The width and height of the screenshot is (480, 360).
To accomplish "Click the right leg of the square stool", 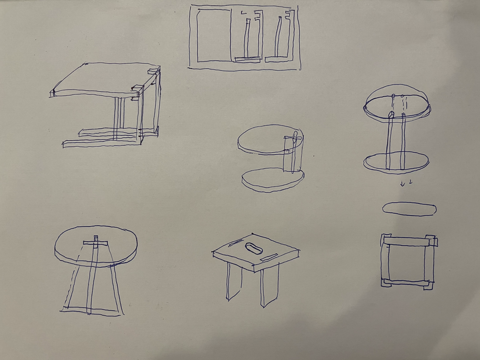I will pyautogui.click(x=269, y=288).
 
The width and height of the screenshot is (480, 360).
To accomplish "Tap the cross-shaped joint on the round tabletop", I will pyautogui.click(x=96, y=242).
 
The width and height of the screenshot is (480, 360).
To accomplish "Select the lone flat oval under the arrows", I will pyautogui.click(x=409, y=209).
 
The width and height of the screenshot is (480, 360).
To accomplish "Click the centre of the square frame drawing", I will pyautogui.click(x=407, y=262).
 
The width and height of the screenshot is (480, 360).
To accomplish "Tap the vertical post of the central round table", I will pyautogui.click(x=291, y=154).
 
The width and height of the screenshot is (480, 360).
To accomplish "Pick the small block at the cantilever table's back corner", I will pyautogui.click(x=154, y=72).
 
